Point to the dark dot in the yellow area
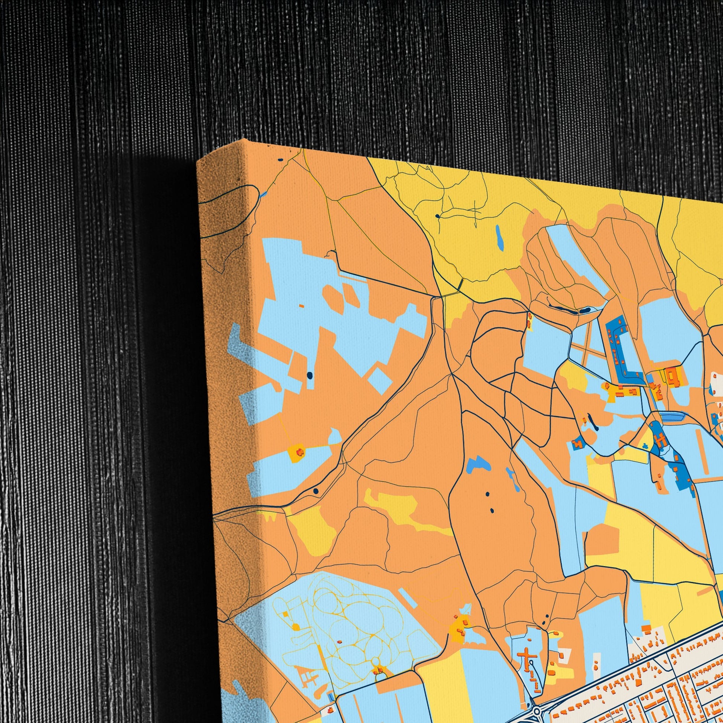click(437, 216)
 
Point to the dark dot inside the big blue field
click(309, 375)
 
